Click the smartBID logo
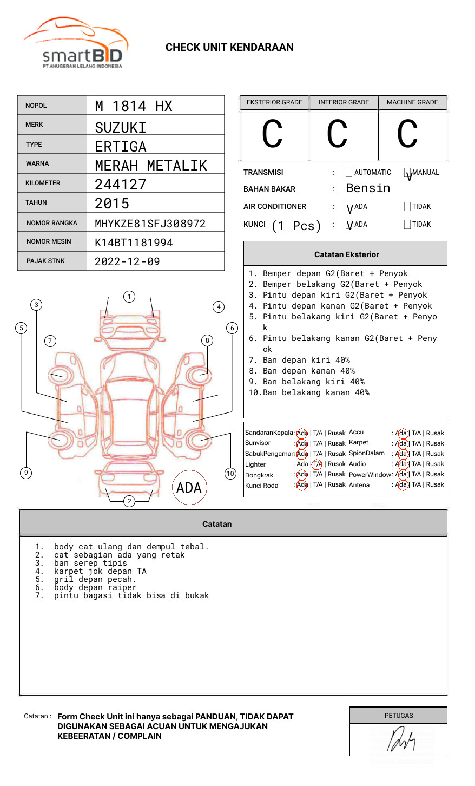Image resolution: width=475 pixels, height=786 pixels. [76, 43]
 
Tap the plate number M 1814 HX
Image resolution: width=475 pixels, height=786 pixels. [134, 106]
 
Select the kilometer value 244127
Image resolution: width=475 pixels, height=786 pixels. [121, 185]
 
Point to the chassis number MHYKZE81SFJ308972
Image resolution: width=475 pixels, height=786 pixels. [150, 224]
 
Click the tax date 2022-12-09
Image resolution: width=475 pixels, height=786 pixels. [127, 261]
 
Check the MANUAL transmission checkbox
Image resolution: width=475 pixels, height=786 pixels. [408, 173]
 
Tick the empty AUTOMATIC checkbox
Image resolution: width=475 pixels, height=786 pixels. [349, 173]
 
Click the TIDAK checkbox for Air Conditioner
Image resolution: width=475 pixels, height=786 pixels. [407, 207]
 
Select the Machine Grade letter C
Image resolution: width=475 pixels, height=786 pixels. [407, 134]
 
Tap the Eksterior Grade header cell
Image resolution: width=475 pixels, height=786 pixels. [274, 102]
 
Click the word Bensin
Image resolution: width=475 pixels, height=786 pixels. [368, 188]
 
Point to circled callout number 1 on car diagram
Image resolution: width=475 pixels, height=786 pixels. [129, 297]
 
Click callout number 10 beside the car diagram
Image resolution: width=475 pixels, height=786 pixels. [230, 474]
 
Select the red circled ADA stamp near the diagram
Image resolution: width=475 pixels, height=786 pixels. [189, 488]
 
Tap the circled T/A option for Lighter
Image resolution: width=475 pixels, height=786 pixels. [317, 464]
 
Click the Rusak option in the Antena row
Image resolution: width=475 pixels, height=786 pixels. [435, 484]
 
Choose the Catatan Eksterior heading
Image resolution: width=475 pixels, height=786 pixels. [346, 254]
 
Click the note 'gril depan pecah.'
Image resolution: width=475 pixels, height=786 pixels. [95, 579]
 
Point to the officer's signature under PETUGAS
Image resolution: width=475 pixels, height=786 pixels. [401, 740]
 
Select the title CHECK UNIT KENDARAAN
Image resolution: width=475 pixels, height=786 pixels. [229, 48]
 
